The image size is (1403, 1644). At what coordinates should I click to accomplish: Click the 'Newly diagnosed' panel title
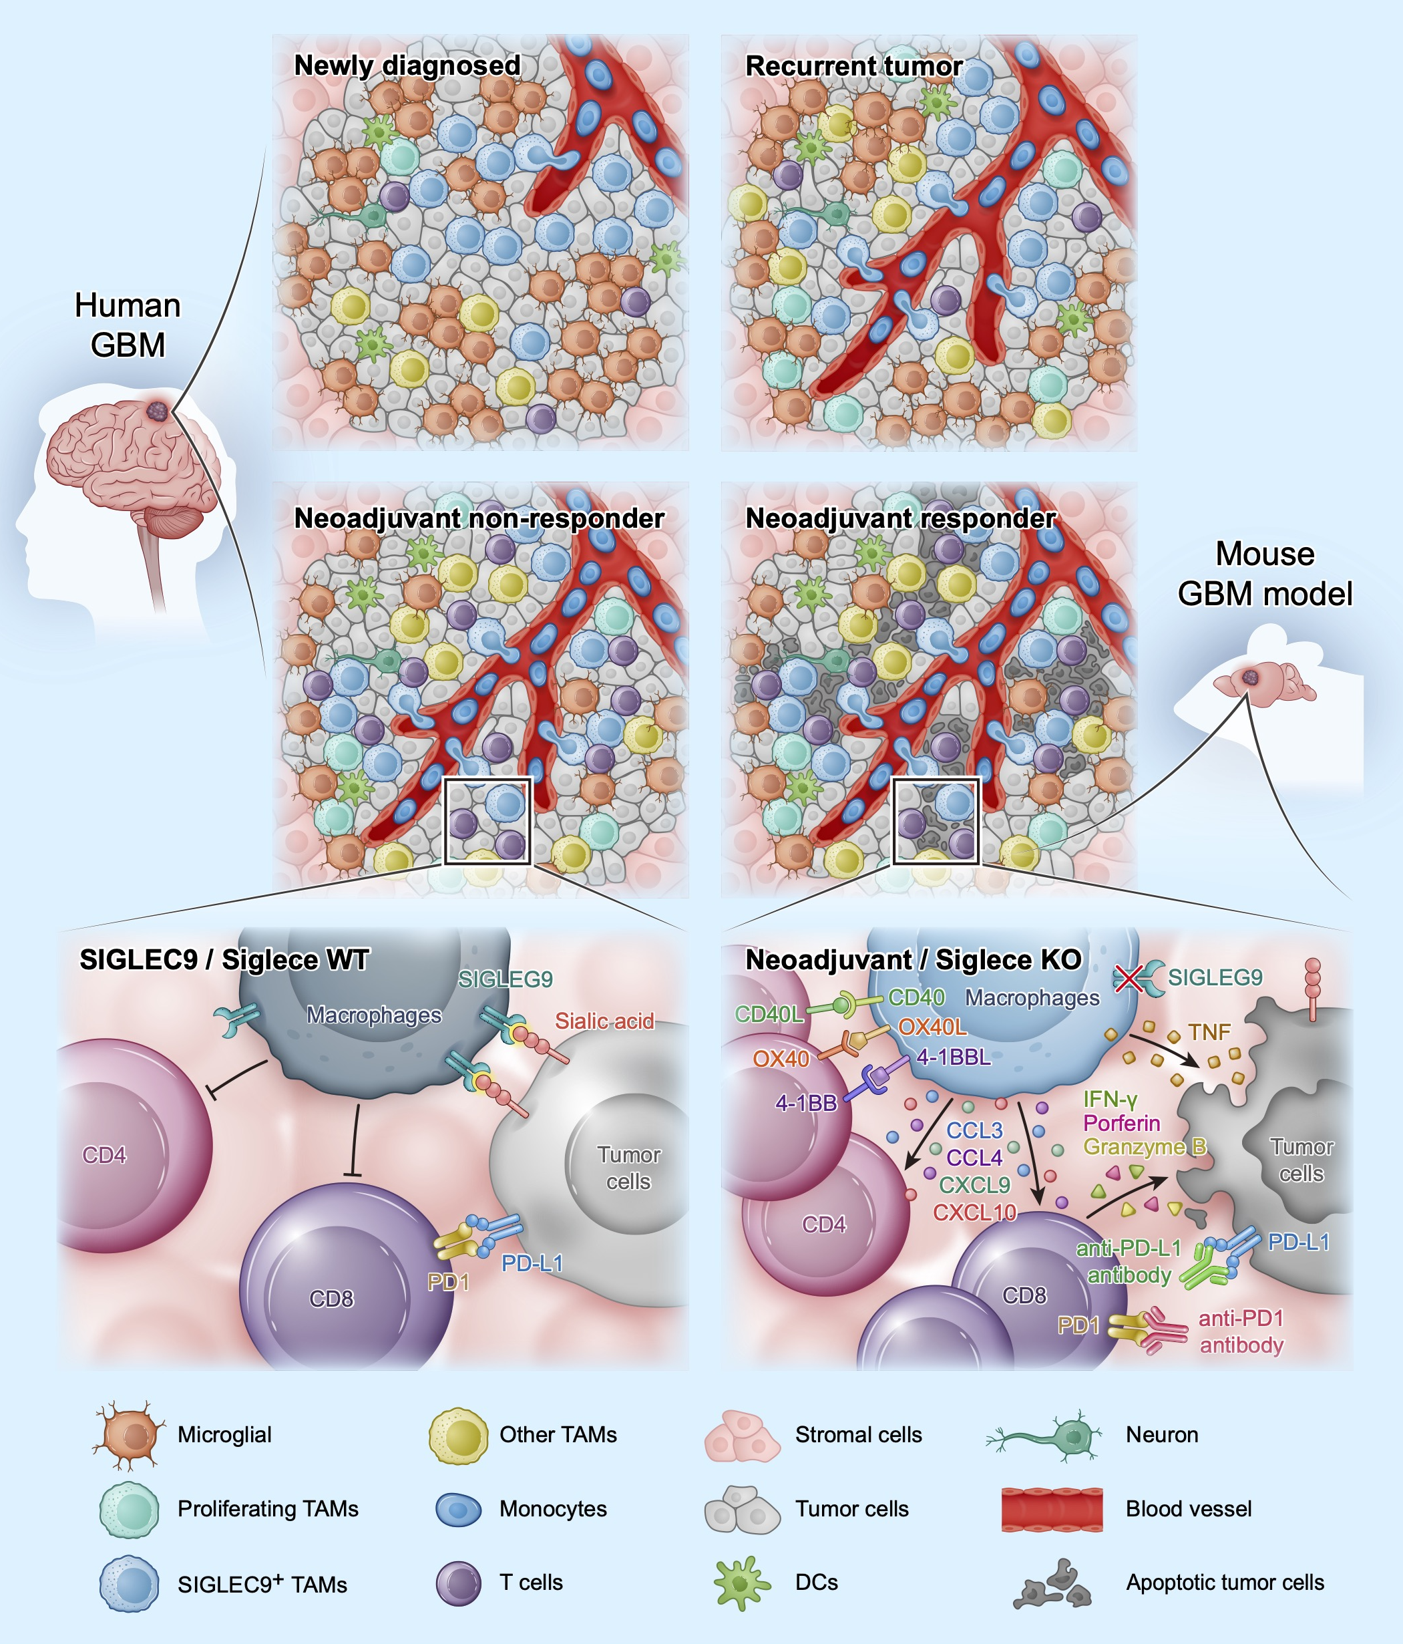coord(407,65)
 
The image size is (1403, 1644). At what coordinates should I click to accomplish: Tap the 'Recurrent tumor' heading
coord(854,65)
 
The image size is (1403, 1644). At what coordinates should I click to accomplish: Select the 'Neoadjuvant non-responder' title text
coord(479,518)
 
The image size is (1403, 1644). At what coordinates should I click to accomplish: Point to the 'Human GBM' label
coord(128,325)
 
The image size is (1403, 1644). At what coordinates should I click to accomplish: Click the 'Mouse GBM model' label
coord(1265,573)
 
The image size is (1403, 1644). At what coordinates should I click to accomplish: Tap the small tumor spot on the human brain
coord(157,410)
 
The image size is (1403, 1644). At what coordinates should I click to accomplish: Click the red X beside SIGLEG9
coord(1129,978)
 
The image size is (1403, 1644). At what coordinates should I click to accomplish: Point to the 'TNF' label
coord(1209,1032)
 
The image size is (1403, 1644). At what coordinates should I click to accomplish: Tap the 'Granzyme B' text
coord(1145,1147)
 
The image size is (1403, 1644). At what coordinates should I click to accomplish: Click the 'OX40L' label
coord(933,1027)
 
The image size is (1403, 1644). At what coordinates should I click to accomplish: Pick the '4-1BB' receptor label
coord(807,1103)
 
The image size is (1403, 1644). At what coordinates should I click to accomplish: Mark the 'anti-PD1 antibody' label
coord(1241,1331)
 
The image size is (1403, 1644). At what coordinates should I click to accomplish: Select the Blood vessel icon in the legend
coord(1052,1509)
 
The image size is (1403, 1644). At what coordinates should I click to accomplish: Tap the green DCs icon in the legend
coord(741,1583)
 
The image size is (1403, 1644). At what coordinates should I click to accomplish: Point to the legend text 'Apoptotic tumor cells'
coord(1225,1583)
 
